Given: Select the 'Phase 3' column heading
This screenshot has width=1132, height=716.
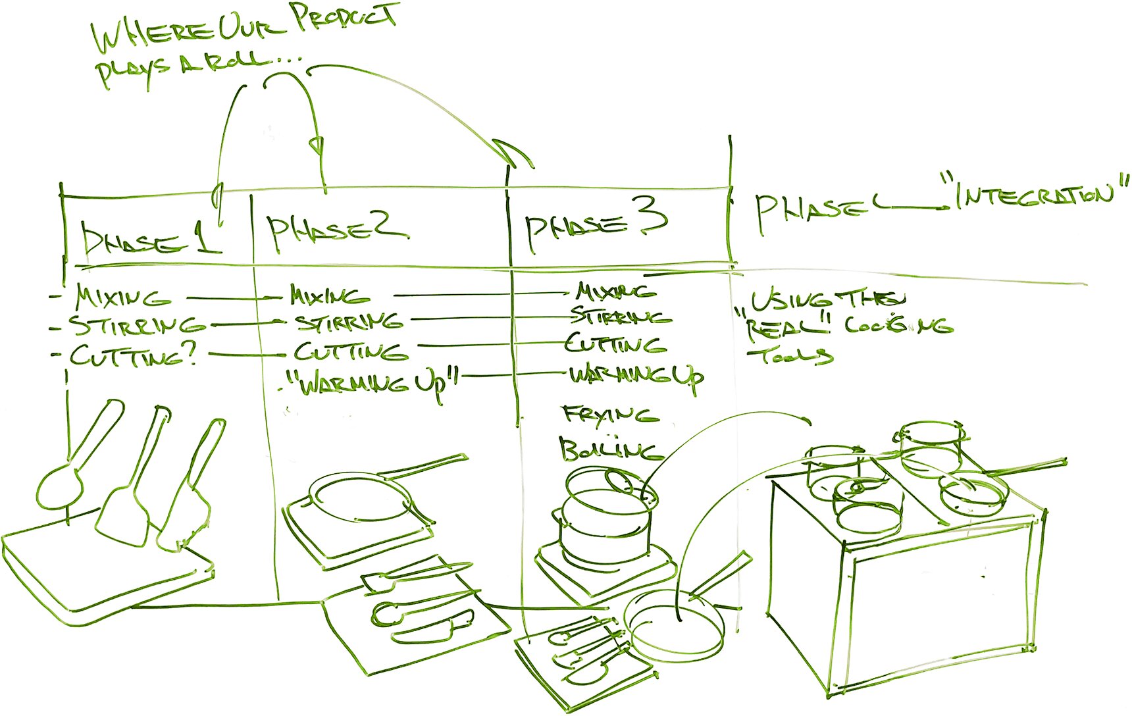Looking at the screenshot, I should pos(596,227).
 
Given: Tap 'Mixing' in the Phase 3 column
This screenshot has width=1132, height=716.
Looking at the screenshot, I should pos(615,291).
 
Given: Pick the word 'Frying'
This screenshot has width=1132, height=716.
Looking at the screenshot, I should pos(609,415).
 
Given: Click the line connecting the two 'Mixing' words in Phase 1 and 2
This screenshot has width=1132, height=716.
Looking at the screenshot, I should pos(230,298).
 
